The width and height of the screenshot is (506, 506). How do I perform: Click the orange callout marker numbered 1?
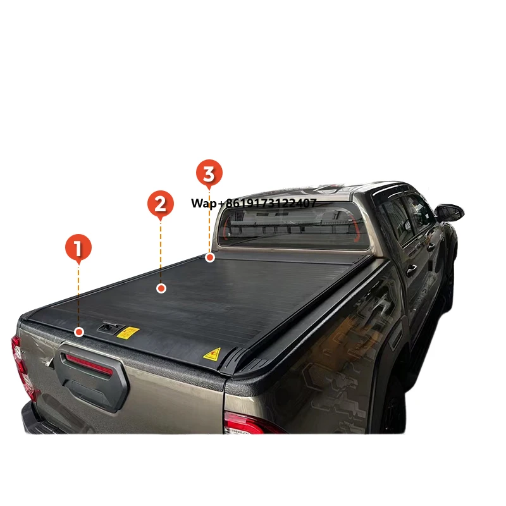tap(78, 249)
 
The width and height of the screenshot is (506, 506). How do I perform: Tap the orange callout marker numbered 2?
tap(161, 204)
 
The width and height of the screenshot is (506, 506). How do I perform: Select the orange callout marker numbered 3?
tap(209, 173)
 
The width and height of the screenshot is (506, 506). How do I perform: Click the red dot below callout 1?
tap(78, 331)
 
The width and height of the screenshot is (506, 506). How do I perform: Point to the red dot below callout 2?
tap(161, 288)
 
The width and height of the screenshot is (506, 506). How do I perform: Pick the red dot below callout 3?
tap(211, 257)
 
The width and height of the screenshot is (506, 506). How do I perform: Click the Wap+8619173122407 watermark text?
tap(254, 204)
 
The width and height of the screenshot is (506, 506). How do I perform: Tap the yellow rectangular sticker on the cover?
tap(128, 333)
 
